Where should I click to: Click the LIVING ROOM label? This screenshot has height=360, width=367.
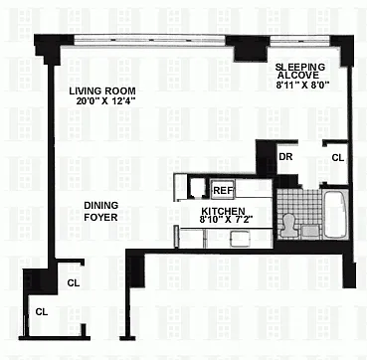click(102, 90)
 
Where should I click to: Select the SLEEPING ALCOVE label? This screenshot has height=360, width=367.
click(300, 71)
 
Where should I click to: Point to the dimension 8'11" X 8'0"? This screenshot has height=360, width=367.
click(301, 85)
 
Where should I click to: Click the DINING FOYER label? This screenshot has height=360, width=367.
click(100, 211)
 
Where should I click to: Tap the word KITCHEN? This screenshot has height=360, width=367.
click(224, 211)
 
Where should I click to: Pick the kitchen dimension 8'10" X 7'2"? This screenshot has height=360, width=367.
click(224, 220)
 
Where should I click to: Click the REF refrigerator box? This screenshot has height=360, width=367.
click(223, 190)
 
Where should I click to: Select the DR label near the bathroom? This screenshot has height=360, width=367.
click(285, 157)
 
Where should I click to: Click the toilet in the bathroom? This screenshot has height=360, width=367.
click(287, 226)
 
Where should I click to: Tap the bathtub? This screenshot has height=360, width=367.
click(335, 215)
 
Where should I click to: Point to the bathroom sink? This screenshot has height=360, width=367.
click(310, 230)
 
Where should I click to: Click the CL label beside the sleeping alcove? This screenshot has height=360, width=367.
click(338, 158)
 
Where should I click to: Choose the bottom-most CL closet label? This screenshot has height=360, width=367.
click(42, 312)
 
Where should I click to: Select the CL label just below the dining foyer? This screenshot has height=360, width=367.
click(73, 283)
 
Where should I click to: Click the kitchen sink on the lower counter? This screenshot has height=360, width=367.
click(240, 239)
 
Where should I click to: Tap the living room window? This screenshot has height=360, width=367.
click(150, 41)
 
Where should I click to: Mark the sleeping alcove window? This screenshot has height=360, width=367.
click(300, 40)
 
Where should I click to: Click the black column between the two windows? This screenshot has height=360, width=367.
click(248, 49)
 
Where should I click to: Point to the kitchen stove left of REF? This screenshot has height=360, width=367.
click(196, 187)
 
